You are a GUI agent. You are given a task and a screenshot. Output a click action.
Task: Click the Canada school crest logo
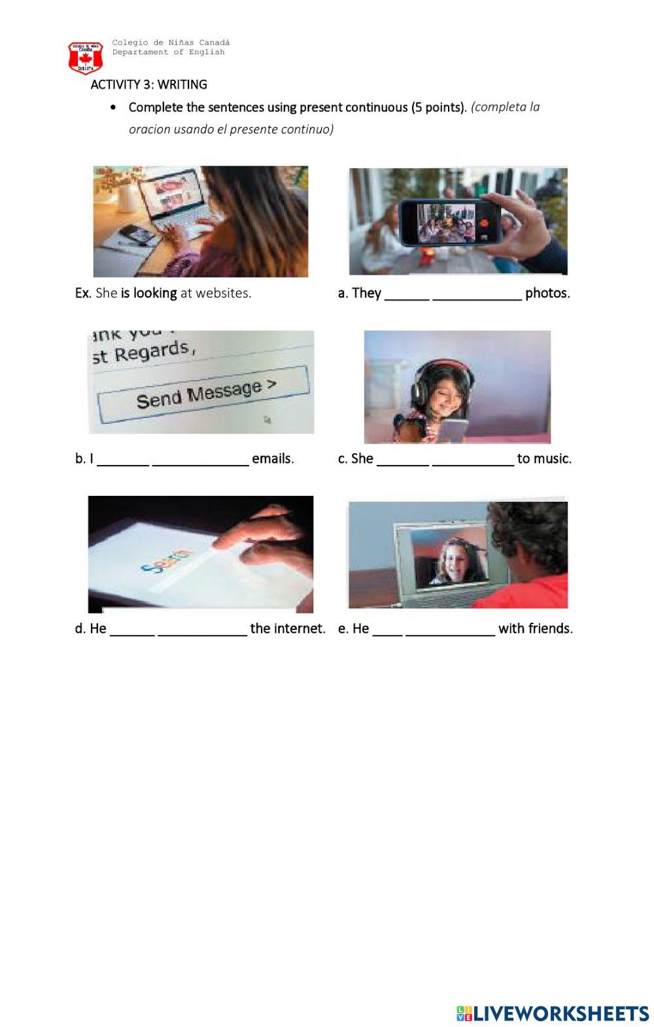[x=85, y=58]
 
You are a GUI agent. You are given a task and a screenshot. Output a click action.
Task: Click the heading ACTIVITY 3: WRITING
[x=149, y=85]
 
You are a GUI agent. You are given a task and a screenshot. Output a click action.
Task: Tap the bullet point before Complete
[x=112, y=108]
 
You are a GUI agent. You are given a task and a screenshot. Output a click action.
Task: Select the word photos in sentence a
[x=547, y=293]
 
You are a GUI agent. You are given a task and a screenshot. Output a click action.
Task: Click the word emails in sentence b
[x=273, y=459]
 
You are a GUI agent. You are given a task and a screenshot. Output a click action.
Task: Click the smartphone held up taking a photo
[x=449, y=223]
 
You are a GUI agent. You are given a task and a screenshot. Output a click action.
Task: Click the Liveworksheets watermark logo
[x=553, y=1013]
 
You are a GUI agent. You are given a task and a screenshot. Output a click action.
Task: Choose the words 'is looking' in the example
[x=149, y=294]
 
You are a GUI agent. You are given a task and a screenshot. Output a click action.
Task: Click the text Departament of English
[x=169, y=52]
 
